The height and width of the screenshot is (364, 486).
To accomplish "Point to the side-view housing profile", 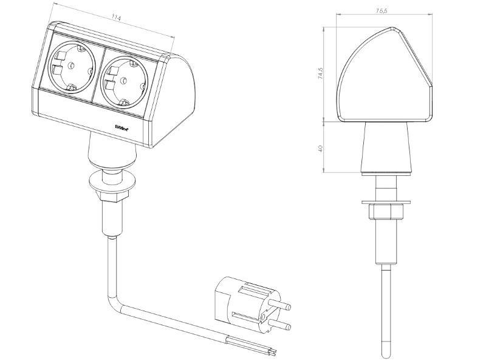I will click(385, 76).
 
